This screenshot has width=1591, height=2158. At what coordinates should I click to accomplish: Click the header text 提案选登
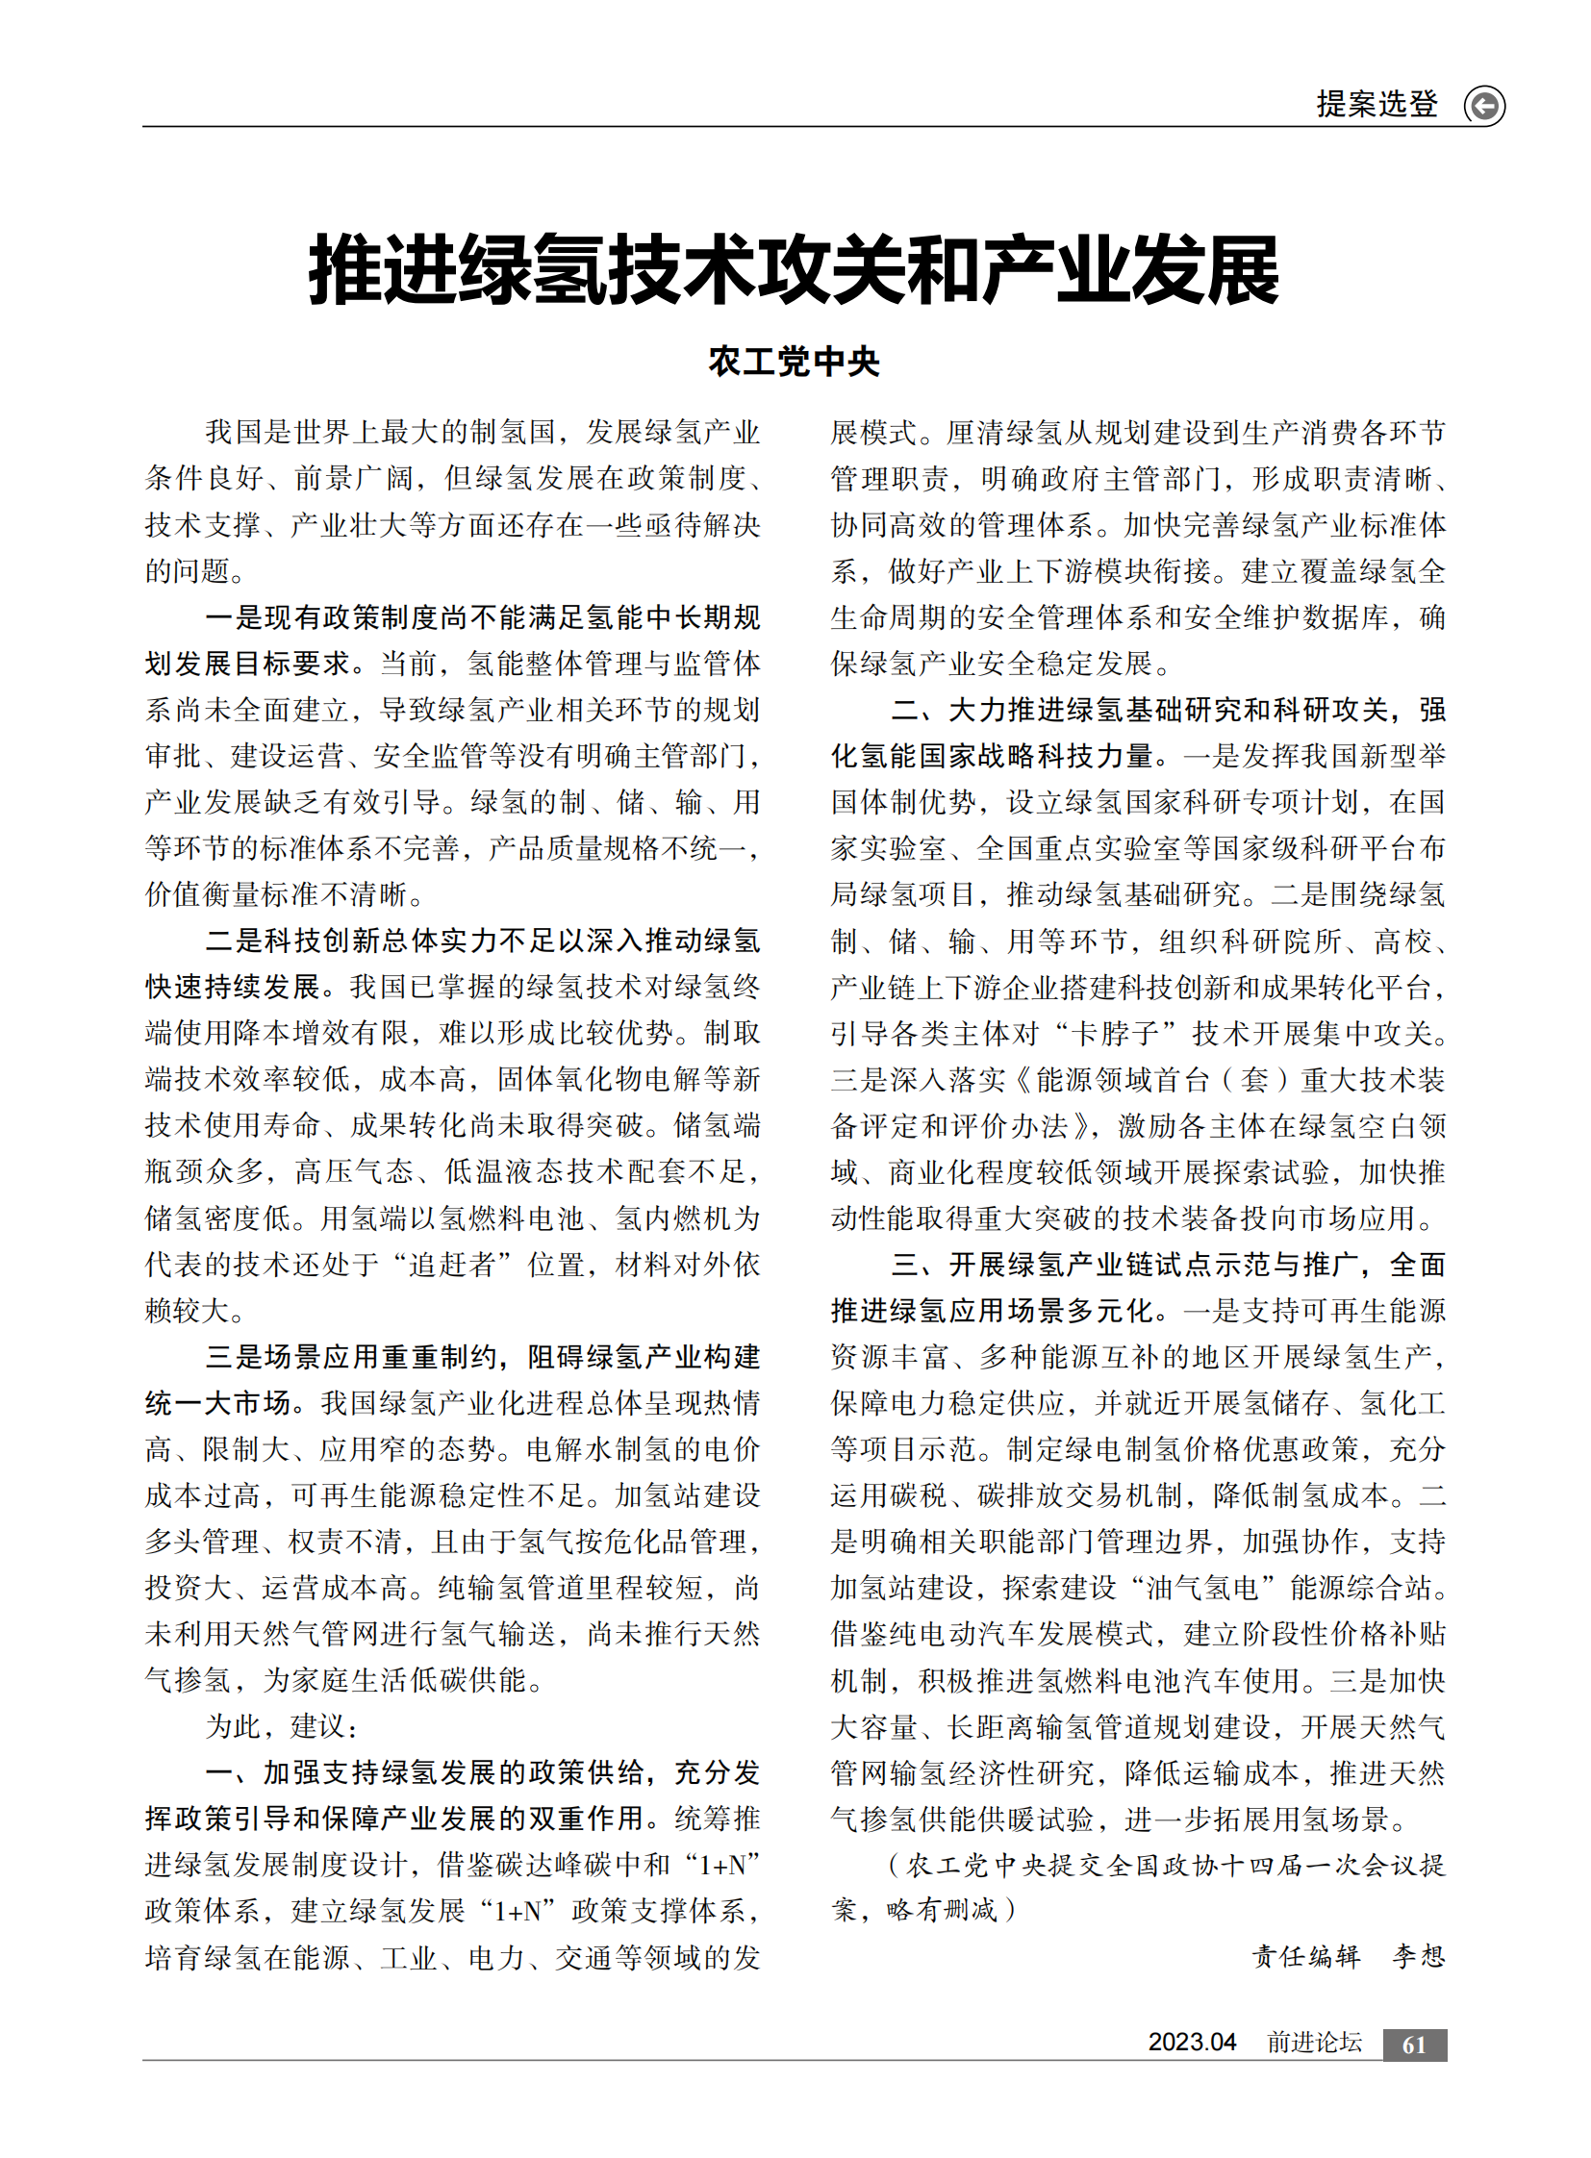pos(1376,104)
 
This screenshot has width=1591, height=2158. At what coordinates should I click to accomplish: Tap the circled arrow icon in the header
pos(1484,105)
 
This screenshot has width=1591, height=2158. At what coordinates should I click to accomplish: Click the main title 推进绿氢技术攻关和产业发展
pos(795,270)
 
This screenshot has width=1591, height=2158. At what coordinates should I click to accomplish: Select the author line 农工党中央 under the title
pos(795,363)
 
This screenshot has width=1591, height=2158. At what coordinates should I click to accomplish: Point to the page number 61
pos(1414,2044)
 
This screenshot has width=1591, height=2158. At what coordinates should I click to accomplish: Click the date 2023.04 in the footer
pos(1191,2043)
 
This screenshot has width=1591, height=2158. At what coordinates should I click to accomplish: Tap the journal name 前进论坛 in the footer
pos(1314,2043)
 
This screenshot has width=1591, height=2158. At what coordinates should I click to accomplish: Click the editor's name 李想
pos(1419,1956)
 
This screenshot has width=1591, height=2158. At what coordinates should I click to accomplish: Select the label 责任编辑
pos(1306,1956)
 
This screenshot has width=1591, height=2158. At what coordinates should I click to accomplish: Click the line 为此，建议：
pos(282,1725)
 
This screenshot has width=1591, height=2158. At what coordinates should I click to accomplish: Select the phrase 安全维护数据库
pos(1287,617)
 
